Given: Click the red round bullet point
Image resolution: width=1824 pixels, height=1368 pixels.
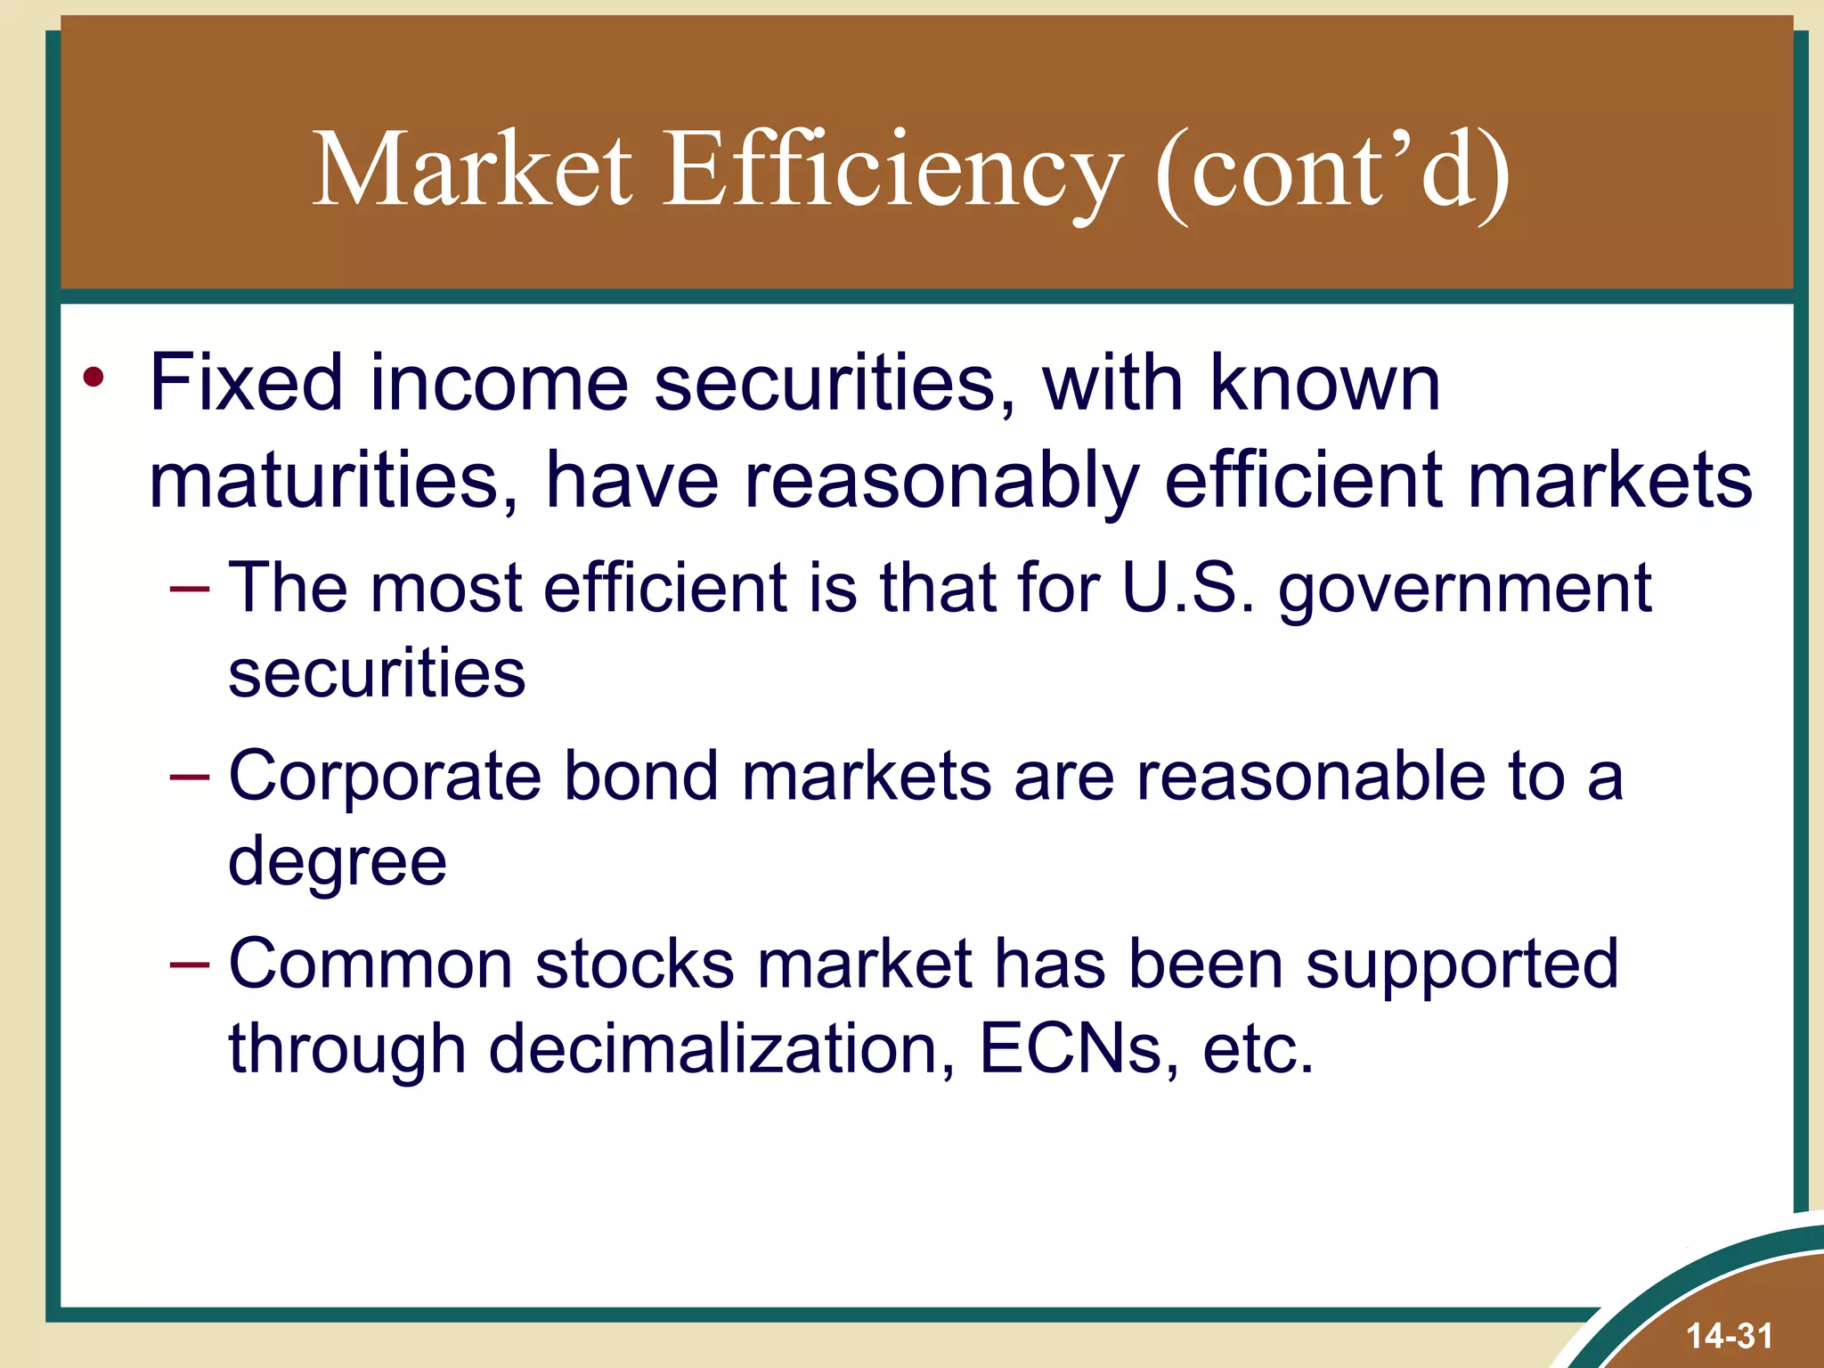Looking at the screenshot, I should pos(94,379).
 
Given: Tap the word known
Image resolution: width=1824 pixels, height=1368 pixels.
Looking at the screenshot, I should pos(1324,383).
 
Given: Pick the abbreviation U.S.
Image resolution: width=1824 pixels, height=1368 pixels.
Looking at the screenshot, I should pos(1188,588).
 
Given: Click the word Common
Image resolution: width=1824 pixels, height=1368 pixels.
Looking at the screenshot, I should pos(370,964).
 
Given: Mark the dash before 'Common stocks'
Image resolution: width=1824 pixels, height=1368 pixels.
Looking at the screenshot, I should pos(190,965).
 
